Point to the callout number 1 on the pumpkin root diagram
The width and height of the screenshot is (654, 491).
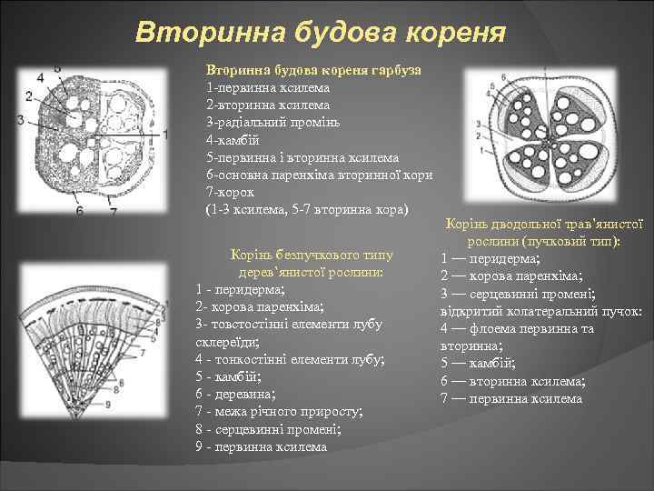pyautogui.click(x=166, y=134)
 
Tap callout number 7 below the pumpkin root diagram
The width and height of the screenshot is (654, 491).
pyautogui.click(x=113, y=211)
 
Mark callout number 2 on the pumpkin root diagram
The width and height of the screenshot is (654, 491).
pyautogui.click(x=29, y=96)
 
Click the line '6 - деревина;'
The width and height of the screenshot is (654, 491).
pyautogui.click(x=237, y=394)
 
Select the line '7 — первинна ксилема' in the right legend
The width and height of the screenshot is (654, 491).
pyautogui.click(x=511, y=398)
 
